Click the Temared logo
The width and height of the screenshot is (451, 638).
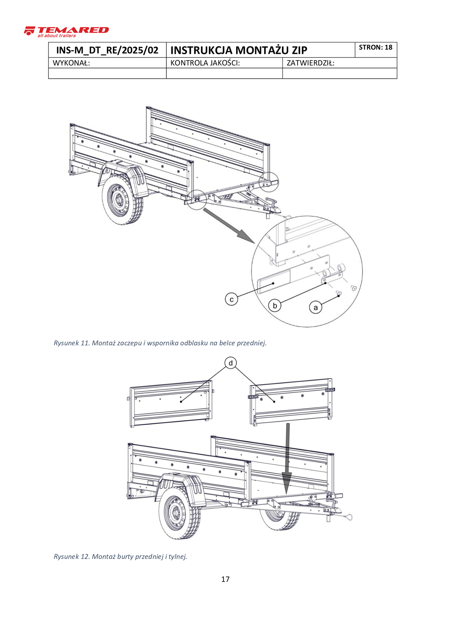(x=66, y=32)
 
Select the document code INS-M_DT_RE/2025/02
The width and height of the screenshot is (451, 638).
(x=107, y=50)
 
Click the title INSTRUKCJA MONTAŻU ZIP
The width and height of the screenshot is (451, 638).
(x=238, y=50)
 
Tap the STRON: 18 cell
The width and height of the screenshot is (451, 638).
(x=376, y=48)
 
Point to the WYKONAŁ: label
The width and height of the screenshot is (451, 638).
(x=71, y=63)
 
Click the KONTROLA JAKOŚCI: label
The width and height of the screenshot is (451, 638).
(x=205, y=63)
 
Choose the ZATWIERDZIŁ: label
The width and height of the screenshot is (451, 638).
(x=310, y=63)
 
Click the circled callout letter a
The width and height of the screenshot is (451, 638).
(x=316, y=307)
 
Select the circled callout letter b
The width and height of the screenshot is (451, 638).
(x=275, y=305)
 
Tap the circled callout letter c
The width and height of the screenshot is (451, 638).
(x=231, y=299)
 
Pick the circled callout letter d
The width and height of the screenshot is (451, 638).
(x=230, y=363)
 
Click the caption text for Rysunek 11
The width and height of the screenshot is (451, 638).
(x=160, y=343)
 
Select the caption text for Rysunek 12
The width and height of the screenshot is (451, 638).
(x=120, y=556)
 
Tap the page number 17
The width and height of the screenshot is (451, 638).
(x=225, y=579)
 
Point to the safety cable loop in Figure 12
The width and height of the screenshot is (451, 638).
(x=348, y=517)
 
